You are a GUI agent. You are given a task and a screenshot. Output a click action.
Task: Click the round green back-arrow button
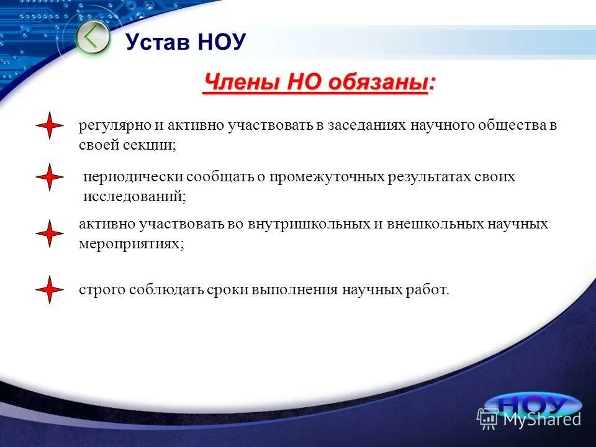click(x=93, y=38)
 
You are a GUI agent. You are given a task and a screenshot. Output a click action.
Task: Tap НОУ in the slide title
click(x=222, y=42)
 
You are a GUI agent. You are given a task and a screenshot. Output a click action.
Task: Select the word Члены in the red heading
click(x=241, y=82)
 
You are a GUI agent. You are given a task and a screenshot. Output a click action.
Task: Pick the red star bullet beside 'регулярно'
click(x=50, y=126)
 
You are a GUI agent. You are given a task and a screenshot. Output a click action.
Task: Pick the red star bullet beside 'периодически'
click(x=50, y=178)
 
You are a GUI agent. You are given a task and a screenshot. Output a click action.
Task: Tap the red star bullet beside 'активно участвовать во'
click(x=50, y=233)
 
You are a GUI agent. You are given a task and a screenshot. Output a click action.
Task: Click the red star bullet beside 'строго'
click(x=50, y=289)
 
